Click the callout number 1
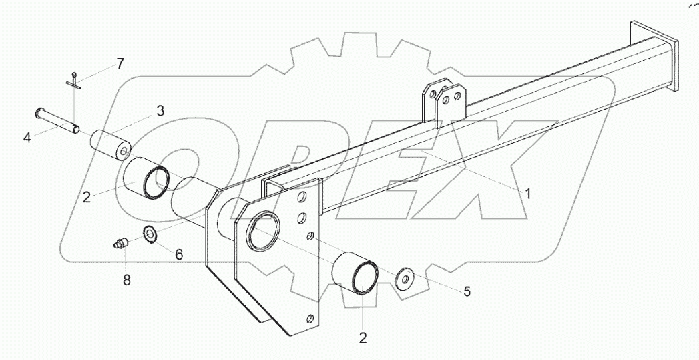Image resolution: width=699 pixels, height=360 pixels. click(x=527, y=194)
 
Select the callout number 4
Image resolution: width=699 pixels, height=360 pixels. click(x=27, y=138)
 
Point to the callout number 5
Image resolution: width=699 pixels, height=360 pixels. click(x=467, y=291)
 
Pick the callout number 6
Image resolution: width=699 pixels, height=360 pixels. click(x=179, y=254)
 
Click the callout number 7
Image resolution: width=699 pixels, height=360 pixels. click(x=120, y=64)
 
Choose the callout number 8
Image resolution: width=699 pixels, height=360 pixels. click(x=127, y=280)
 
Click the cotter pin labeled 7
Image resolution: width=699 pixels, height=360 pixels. click(x=78, y=81)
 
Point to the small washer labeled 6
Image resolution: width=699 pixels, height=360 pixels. click(x=150, y=234)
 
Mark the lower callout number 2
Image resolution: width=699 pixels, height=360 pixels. click(x=363, y=337)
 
